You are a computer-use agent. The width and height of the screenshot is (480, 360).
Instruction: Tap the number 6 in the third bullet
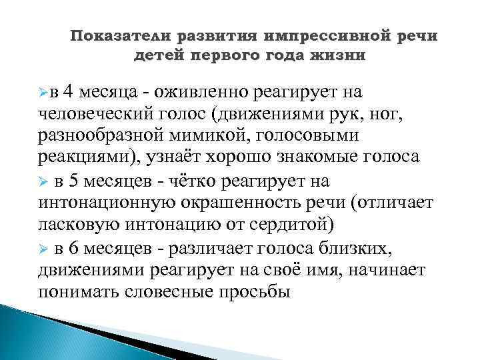pyautogui.click(x=75, y=249)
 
